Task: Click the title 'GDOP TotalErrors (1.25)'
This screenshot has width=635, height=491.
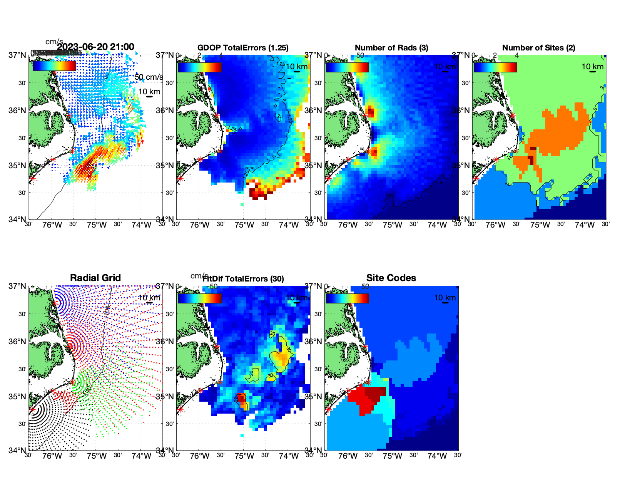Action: [x=243, y=48]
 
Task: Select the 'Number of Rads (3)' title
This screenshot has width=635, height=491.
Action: [x=391, y=48]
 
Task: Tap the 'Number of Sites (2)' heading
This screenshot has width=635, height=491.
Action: [x=538, y=48]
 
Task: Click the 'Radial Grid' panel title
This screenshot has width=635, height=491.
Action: [x=95, y=278]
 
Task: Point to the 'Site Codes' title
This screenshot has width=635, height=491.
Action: [x=391, y=278]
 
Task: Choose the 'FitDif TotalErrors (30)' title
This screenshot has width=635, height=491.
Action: [x=244, y=279]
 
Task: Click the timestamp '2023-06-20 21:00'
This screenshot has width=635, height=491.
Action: [x=96, y=47]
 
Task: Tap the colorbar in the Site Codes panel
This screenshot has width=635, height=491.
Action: [x=347, y=298]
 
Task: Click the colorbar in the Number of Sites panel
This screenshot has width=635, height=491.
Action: [x=495, y=67]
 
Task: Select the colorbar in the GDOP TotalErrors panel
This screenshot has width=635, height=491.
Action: [x=199, y=67]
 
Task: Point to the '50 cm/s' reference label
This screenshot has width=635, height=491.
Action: [x=149, y=77]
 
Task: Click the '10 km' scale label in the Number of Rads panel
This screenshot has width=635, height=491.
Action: [x=445, y=67]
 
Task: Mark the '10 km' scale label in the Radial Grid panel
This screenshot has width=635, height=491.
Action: [x=149, y=298]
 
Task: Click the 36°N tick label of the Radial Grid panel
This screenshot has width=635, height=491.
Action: [x=17, y=342]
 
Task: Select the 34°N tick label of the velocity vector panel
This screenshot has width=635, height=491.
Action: [x=17, y=220]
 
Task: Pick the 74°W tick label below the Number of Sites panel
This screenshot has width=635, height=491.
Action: [x=585, y=225]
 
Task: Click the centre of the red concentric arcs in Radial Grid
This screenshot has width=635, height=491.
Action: [x=72, y=346]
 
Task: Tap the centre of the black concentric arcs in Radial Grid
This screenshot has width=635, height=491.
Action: [x=33, y=410]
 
